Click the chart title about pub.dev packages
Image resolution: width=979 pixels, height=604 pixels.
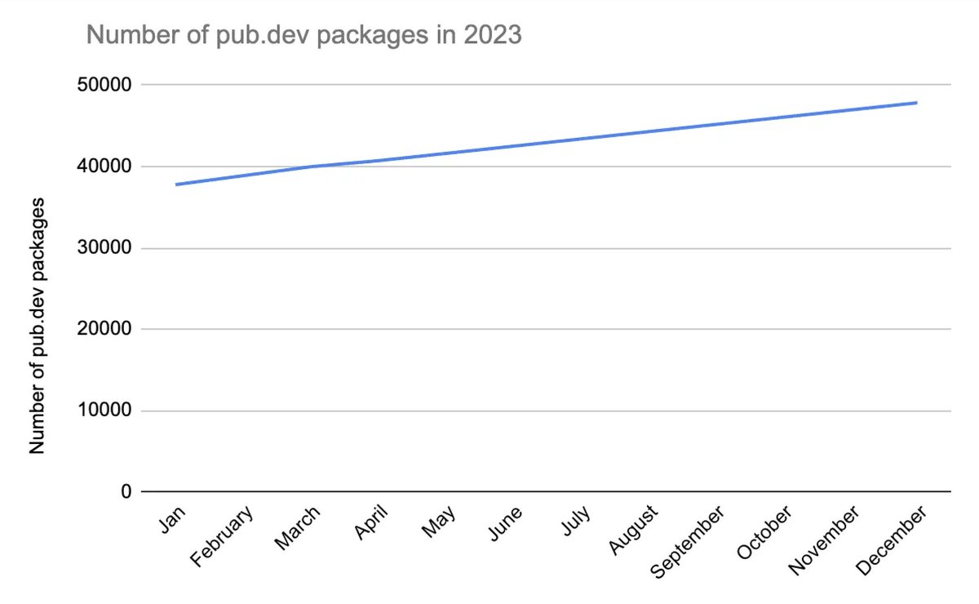(x=303, y=35)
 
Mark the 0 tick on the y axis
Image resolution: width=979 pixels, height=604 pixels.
(x=125, y=492)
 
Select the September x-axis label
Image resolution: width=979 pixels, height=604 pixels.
(x=689, y=542)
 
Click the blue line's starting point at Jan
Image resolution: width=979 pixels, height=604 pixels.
(x=176, y=184)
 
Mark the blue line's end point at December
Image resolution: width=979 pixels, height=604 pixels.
(x=917, y=103)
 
